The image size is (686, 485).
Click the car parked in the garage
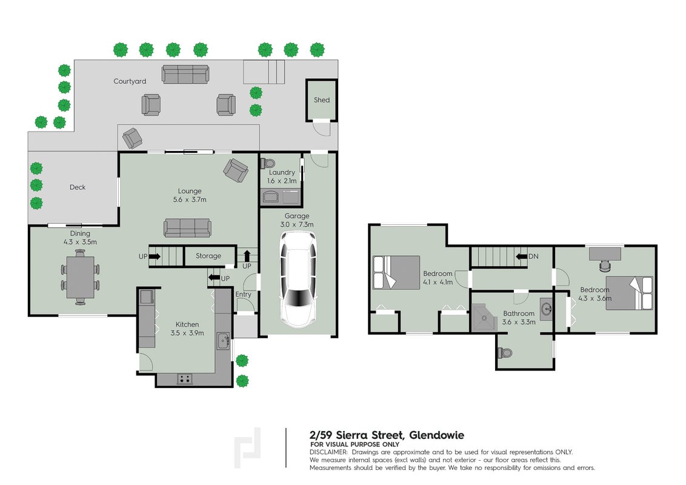point(298,279)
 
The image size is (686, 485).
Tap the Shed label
point(322,100)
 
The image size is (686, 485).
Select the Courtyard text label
point(130,81)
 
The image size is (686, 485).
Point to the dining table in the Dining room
point(81,277)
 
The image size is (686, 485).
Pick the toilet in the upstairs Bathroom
point(505,353)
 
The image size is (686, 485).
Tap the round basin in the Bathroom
point(545,309)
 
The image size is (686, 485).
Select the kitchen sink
point(223,341)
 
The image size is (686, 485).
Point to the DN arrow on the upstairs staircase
point(521,256)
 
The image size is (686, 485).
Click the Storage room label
point(208,256)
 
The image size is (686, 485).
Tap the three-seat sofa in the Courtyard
point(185,75)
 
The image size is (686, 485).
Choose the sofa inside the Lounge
point(187,227)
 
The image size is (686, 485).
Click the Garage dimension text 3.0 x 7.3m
point(297,224)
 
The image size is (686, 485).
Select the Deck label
point(78,187)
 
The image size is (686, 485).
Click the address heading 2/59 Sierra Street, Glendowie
point(387,435)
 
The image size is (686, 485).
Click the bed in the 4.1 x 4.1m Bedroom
point(396,273)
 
